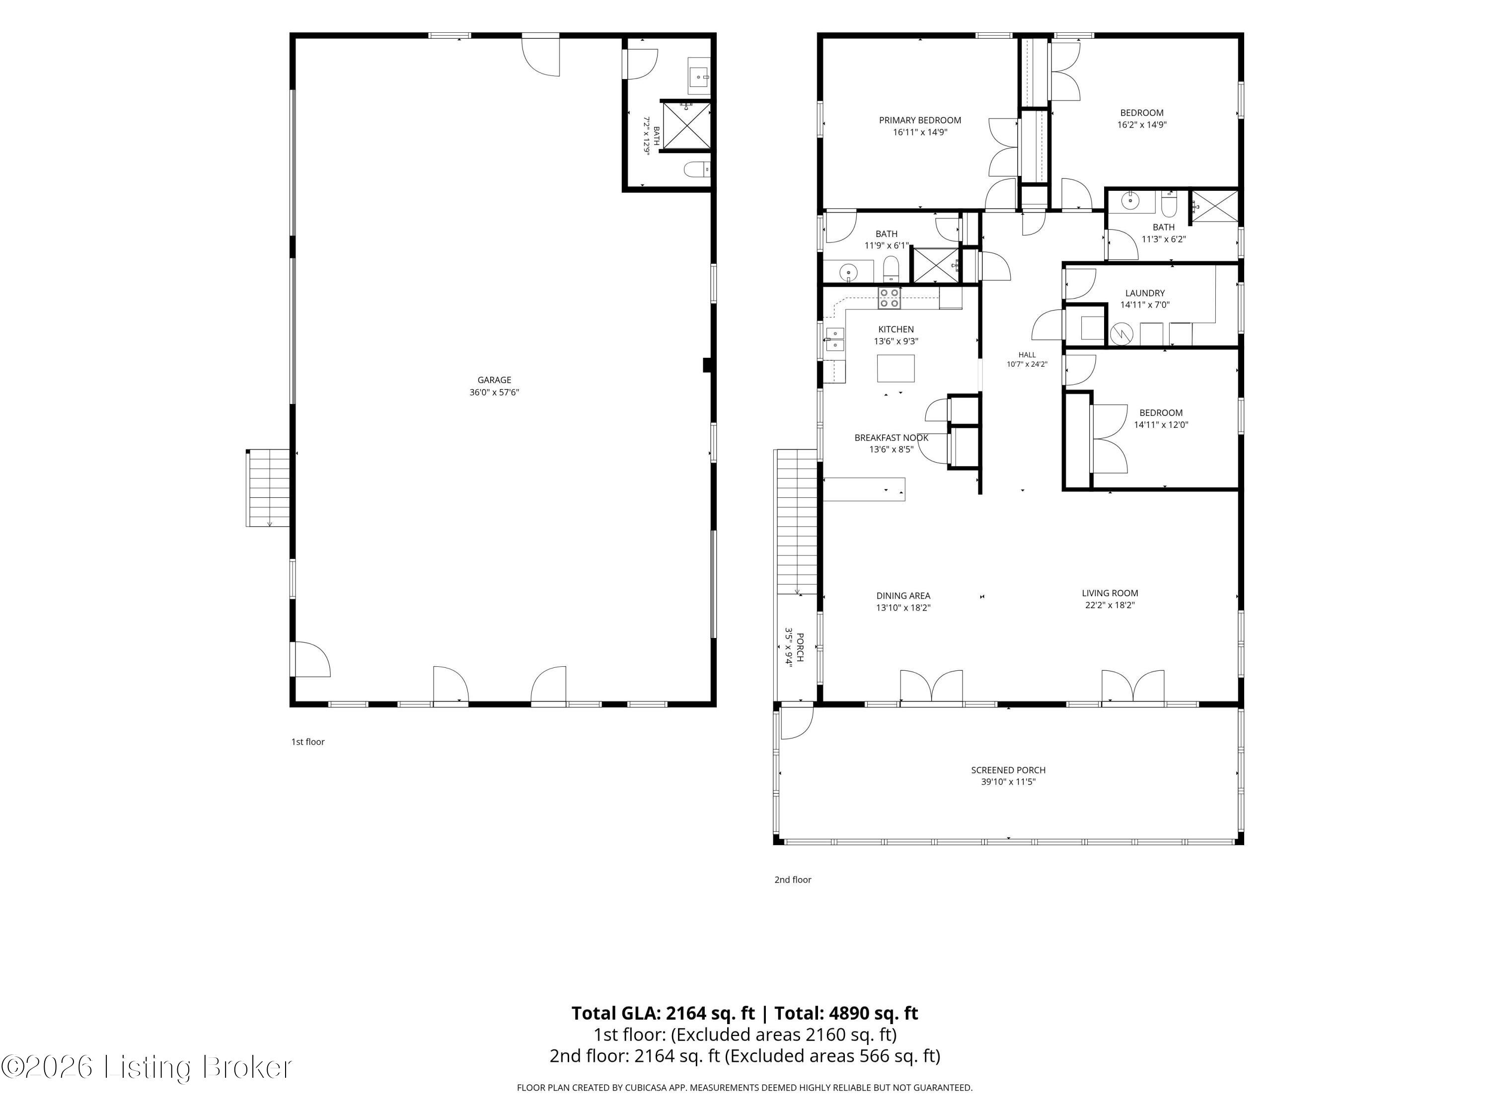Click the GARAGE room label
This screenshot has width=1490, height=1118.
[494, 380]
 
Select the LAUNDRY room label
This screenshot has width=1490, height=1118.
[1145, 293]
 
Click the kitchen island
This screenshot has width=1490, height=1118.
[896, 368]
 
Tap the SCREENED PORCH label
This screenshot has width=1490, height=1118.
[1008, 770]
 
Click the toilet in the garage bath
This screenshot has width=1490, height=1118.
[697, 169]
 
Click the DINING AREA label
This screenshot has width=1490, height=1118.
[903, 596]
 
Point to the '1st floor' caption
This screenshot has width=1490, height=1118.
[308, 742]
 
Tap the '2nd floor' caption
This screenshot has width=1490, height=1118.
[793, 880]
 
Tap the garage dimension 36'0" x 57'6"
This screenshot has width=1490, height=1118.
[494, 392]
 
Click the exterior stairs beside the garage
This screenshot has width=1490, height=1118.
[269, 488]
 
